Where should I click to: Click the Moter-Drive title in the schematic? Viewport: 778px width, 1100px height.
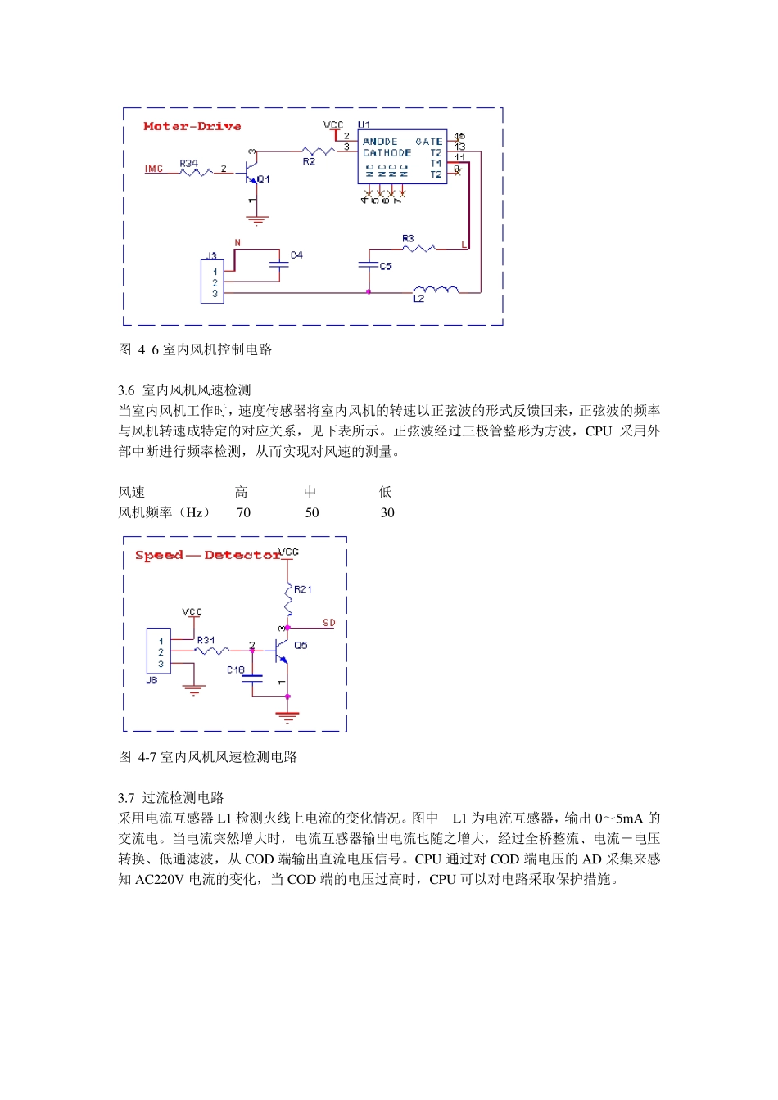[x=192, y=126]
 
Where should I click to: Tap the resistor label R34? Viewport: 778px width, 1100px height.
[x=188, y=164]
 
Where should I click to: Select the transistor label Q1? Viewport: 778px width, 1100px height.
[x=263, y=179]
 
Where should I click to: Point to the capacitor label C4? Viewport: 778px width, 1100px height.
[x=296, y=255]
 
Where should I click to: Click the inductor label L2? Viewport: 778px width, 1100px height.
[x=418, y=300]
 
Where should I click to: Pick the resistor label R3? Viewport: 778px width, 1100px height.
[x=408, y=239]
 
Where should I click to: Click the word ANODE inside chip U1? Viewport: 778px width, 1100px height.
[x=380, y=142]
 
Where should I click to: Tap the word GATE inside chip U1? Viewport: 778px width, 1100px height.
[x=428, y=142]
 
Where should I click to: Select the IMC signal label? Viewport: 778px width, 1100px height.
[x=154, y=169]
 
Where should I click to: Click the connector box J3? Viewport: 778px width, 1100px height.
[x=213, y=282]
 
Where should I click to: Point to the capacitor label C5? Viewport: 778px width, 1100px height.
[x=386, y=267]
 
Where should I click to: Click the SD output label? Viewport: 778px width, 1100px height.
[x=328, y=624]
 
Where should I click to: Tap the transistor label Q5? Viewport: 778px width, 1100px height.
[x=301, y=646]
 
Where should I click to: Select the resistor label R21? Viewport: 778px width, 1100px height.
[x=302, y=589]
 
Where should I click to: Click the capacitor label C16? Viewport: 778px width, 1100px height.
[x=236, y=669]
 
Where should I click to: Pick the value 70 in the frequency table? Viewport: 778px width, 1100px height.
[x=243, y=513]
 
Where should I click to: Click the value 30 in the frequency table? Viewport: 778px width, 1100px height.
[x=387, y=513]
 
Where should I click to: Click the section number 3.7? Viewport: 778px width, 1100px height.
[x=126, y=798]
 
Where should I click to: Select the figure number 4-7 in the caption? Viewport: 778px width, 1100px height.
[x=147, y=757]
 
